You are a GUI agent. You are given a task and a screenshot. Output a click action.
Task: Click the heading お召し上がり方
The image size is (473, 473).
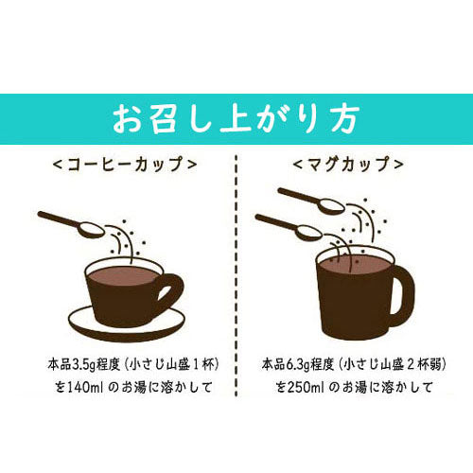[x=236, y=120]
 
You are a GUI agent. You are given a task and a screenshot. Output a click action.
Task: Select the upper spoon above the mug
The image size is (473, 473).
[x=312, y=200]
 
